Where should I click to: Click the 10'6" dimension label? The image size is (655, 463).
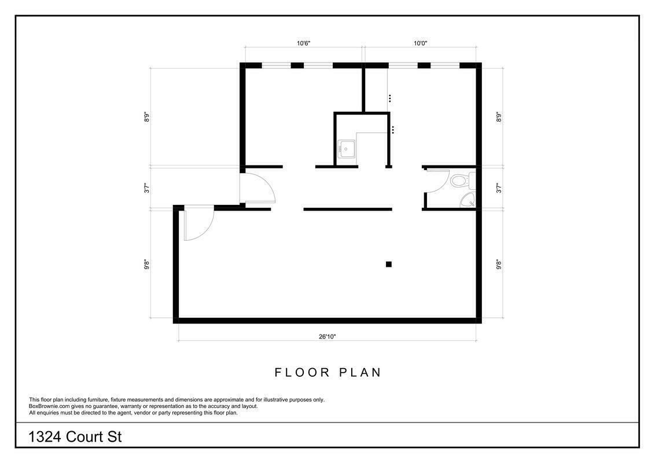[x=304, y=43]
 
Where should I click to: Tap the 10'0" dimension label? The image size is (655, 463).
[x=420, y=43]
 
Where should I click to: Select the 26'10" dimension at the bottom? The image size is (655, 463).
[x=327, y=336]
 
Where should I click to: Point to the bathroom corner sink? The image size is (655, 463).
[x=468, y=201]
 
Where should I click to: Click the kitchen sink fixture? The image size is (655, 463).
[x=346, y=149]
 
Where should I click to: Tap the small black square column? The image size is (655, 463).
[x=388, y=264]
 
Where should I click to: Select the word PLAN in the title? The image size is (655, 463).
[x=360, y=372]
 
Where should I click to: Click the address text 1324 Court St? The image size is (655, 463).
[x=75, y=437]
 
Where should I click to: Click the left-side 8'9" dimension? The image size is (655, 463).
[x=146, y=116]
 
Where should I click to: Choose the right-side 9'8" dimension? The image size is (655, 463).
[x=499, y=264]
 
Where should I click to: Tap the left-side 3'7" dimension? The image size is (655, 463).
[x=146, y=188]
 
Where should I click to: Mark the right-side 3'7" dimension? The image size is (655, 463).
[x=499, y=188]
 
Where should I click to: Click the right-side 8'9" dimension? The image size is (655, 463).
[x=499, y=116]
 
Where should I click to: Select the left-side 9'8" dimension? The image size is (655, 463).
[x=146, y=264]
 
